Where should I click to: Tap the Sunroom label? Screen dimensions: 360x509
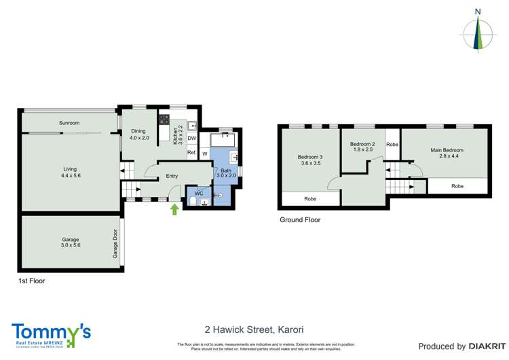click(69, 123)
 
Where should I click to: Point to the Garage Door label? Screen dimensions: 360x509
click(115, 244)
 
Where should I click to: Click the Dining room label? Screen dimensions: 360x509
click(138, 131)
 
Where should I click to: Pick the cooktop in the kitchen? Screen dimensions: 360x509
click(164, 120)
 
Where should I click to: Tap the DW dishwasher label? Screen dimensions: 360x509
click(192, 139)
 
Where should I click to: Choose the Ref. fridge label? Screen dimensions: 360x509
click(191, 153)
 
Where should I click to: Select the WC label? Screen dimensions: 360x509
click(199, 194)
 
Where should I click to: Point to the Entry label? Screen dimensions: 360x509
click(172, 177)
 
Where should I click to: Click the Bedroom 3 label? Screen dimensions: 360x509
click(309, 157)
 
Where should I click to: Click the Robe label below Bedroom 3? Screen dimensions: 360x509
click(310, 200)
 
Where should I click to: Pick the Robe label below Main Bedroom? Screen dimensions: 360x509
click(457, 185)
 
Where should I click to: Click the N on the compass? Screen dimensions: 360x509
click(478, 12)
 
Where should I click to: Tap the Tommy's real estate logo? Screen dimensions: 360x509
click(51, 334)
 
